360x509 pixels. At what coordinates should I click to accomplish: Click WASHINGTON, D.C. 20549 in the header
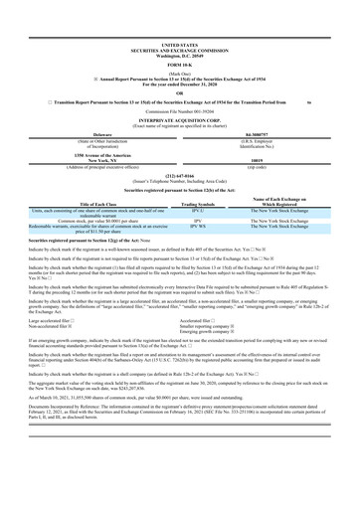tap(179, 56)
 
